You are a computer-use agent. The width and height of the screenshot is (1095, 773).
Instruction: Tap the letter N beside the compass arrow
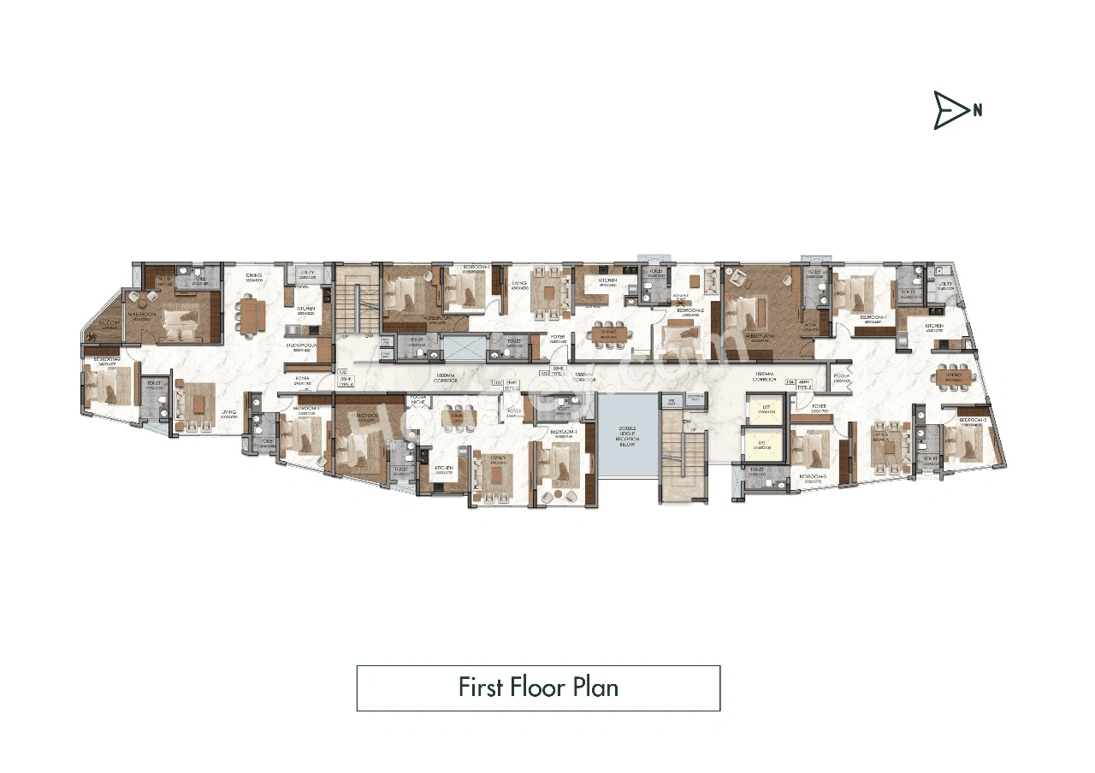(x=977, y=109)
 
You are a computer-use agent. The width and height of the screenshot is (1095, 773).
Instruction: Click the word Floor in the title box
(x=537, y=687)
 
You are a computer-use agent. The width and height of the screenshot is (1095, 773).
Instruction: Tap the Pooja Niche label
(x=418, y=399)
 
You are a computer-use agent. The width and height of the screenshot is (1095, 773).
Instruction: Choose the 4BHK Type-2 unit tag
(x=804, y=385)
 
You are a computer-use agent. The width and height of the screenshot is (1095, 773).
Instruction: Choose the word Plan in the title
(x=595, y=687)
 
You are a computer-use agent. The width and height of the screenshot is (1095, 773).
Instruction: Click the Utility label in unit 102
(x=305, y=273)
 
